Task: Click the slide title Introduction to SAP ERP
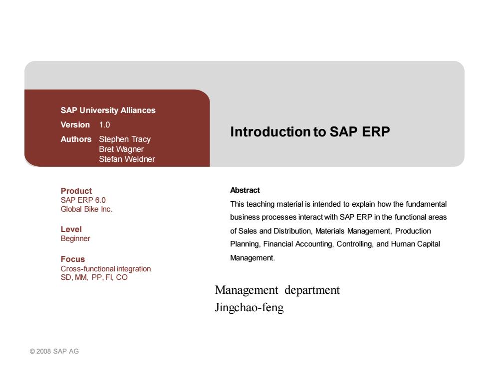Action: coord(310,131)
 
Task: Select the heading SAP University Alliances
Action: coord(108,111)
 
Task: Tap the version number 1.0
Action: coord(104,125)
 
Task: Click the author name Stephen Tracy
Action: coord(125,139)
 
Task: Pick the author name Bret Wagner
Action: coord(121,149)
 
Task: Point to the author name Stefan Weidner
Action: coord(127,159)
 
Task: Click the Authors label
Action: coord(76,139)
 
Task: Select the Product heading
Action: coord(76,191)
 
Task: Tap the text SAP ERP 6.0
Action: coord(83,200)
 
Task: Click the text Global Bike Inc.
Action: coord(86,209)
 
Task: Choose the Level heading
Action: coord(71,230)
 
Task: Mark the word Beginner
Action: coord(75,239)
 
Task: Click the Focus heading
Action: coord(73,259)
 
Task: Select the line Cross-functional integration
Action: coord(106,268)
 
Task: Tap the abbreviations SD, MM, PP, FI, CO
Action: coord(94,277)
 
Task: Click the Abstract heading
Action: coord(245,190)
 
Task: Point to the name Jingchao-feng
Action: coord(249,308)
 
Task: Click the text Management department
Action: coord(277,290)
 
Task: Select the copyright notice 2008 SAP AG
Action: coord(54,352)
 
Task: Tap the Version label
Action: coord(75,125)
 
